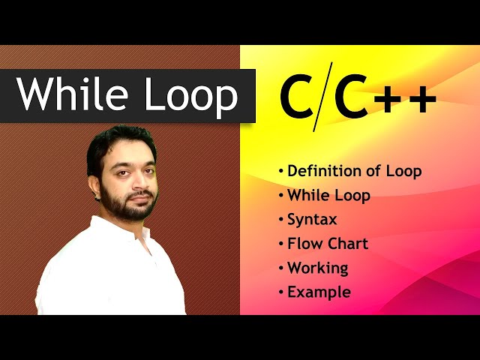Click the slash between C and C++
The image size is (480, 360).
click(x=323, y=98)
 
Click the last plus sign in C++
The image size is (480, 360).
click(x=422, y=101)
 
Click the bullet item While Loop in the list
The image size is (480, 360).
click(x=328, y=196)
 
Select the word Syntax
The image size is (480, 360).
click(x=312, y=220)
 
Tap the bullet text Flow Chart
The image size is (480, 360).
click(x=328, y=244)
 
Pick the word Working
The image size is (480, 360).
click(x=317, y=268)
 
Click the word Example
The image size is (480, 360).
click(x=319, y=292)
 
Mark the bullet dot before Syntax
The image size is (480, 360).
click(x=281, y=220)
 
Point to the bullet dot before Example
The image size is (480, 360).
click(x=281, y=292)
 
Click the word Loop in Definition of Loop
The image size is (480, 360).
click(x=403, y=171)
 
